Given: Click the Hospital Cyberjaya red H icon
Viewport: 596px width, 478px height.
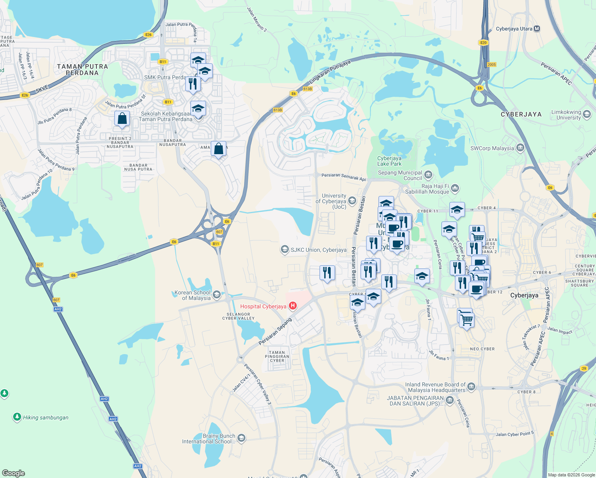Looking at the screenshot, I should tap(293, 306).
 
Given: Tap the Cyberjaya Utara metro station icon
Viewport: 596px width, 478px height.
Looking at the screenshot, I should tap(537, 29).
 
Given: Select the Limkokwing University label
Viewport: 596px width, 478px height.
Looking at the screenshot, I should tap(566, 115).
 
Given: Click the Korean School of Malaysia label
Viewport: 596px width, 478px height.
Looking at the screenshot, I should tap(193, 295).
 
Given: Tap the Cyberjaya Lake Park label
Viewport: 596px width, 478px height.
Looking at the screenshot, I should tap(389, 161).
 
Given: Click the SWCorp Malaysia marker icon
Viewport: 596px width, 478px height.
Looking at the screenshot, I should tap(520, 148).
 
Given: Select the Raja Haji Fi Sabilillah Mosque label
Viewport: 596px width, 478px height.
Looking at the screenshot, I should tap(427, 189).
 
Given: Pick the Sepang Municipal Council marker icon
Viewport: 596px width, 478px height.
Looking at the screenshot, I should tap(428, 174).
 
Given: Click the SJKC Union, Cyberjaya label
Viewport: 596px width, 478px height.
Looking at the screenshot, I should tap(318, 250).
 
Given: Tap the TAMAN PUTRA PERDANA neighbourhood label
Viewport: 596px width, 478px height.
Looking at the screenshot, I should tap(82, 70).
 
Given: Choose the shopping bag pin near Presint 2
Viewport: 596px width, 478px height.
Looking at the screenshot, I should tap(122, 119).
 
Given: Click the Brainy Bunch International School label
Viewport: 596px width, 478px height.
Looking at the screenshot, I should tap(209, 439).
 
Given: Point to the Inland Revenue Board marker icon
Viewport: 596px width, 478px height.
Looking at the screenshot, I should tap(471, 386).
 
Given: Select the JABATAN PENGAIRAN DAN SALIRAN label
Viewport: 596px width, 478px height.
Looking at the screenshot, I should tap(415, 401).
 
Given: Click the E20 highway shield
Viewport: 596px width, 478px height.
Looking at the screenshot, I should tap(483, 43).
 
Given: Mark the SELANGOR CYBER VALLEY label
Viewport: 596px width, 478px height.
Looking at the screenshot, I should tap(238, 316).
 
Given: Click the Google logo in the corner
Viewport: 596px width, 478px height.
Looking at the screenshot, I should tap(14, 473).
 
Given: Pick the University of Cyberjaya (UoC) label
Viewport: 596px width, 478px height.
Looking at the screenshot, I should tap(331, 201).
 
